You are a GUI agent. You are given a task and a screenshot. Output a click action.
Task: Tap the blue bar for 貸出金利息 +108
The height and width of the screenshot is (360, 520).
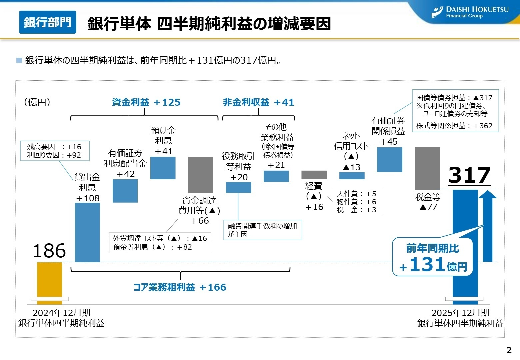pyautogui.click(x=87, y=232)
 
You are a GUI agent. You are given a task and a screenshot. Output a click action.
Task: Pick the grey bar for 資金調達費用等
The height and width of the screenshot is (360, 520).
pyautogui.click(x=201, y=175)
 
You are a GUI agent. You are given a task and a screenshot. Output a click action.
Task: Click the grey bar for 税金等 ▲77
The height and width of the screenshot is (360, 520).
pyautogui.click(x=427, y=168)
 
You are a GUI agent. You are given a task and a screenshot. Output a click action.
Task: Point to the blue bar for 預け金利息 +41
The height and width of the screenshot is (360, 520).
pyautogui.click(x=163, y=168)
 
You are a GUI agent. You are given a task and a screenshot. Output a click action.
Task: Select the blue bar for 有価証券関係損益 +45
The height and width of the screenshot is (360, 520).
pyautogui.click(x=389, y=160)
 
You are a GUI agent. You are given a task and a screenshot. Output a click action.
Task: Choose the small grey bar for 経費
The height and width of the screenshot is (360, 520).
pyautogui.click(x=314, y=175)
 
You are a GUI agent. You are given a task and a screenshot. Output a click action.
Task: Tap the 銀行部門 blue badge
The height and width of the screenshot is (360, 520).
pyautogui.click(x=48, y=22)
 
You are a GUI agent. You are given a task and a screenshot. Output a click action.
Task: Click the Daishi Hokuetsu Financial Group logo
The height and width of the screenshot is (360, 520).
pyautogui.click(x=470, y=12)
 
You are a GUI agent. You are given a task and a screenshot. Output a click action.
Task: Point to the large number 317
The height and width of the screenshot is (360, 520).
pyautogui.click(x=469, y=175)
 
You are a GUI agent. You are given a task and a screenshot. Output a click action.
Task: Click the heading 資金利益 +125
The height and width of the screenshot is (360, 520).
pyautogui.click(x=146, y=102)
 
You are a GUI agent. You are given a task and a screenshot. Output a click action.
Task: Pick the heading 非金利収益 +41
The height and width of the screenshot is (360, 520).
pyautogui.click(x=258, y=102)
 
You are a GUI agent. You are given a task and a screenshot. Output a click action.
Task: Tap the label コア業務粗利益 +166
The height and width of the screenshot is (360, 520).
pyautogui.click(x=180, y=287)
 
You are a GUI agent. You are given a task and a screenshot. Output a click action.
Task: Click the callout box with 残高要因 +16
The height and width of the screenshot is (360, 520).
pyautogui.click(x=55, y=151)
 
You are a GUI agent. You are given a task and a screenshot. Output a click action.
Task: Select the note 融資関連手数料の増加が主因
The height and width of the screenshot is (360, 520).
pyautogui.click(x=262, y=230)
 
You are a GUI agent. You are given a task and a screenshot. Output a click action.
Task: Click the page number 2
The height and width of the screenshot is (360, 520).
pyautogui.click(x=509, y=350)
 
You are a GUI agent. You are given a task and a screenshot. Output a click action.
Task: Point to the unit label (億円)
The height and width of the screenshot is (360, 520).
pyautogui.click(x=37, y=102)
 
